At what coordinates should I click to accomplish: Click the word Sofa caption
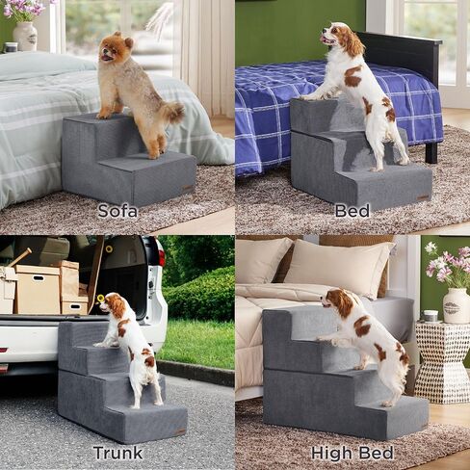click(117, 211)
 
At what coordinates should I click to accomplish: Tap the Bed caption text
click(352, 211)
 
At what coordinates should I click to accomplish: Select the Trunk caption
click(117, 453)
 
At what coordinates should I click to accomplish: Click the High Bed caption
click(352, 453)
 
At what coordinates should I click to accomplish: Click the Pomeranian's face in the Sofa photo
click(109, 51)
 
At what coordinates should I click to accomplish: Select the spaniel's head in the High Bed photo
click(336, 300)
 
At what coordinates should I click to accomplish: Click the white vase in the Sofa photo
click(25, 36)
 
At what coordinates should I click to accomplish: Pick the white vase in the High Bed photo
click(457, 305)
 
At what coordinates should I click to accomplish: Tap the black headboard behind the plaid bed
click(403, 55)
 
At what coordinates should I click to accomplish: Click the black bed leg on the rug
click(431, 151)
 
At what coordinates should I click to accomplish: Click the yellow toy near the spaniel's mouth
click(101, 299)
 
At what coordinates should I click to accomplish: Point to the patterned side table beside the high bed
click(442, 363)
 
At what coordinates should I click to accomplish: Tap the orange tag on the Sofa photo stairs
click(189, 188)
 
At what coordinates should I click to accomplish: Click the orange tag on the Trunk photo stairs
click(180, 431)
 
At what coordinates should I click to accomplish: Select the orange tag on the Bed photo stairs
click(424, 197)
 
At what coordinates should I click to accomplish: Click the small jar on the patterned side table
click(431, 316)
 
